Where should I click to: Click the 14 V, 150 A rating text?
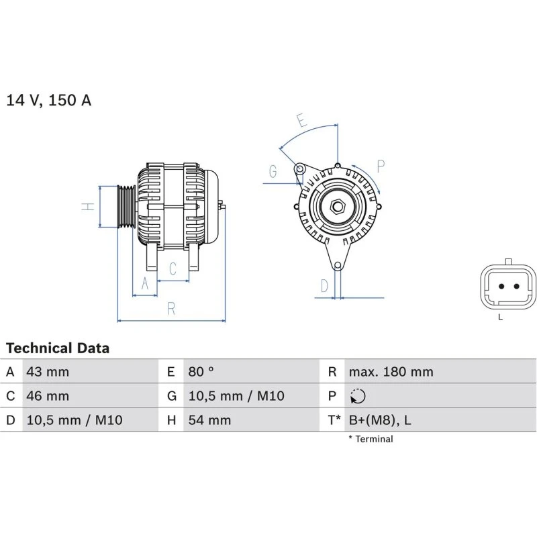(49, 101)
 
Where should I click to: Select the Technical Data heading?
(58, 348)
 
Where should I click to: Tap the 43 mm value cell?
(47, 372)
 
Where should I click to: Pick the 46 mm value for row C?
(47, 396)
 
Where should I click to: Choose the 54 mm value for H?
(209, 420)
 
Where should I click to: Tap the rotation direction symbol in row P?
(358, 397)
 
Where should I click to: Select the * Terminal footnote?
(371, 439)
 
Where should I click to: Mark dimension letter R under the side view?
(171, 309)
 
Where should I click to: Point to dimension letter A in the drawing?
(144, 284)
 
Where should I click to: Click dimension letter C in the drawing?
(173, 269)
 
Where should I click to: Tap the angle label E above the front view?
(302, 121)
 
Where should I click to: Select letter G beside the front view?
(273, 171)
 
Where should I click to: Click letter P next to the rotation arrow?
(381, 166)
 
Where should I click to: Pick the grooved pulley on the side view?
(126, 207)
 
